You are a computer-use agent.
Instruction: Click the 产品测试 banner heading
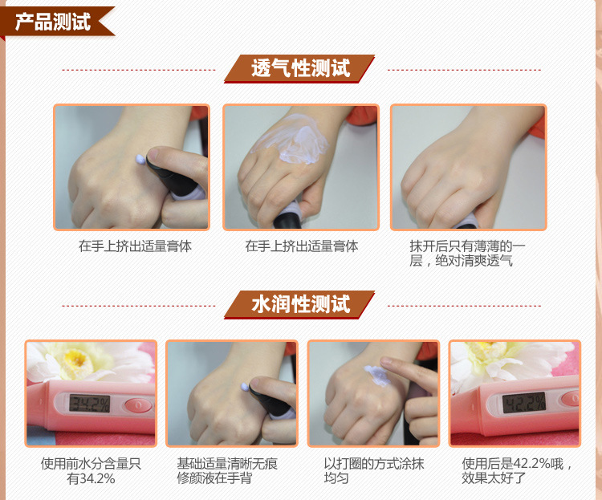click(x=53, y=22)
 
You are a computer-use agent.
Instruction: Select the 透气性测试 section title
click(x=301, y=68)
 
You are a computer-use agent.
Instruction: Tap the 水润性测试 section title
click(x=301, y=304)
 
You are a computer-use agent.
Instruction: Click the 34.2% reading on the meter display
click(x=89, y=404)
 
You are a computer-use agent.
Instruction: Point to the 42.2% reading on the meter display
click(x=524, y=402)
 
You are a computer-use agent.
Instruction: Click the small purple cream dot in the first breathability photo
click(x=141, y=159)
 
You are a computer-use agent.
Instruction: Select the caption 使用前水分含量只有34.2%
click(x=91, y=471)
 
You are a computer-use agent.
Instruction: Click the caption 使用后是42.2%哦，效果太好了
click(x=517, y=471)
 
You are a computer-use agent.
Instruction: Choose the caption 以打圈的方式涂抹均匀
click(x=373, y=471)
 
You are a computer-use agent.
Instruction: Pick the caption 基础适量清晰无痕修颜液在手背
click(x=227, y=471)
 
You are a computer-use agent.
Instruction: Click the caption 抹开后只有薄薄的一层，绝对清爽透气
click(x=467, y=254)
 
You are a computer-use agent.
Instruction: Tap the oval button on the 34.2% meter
click(x=138, y=404)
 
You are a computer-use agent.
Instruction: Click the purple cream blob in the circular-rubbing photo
click(x=378, y=375)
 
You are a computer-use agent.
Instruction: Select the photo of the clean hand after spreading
click(x=469, y=168)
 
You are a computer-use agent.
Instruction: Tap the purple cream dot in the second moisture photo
click(x=245, y=386)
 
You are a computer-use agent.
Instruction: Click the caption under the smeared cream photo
click(x=301, y=246)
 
